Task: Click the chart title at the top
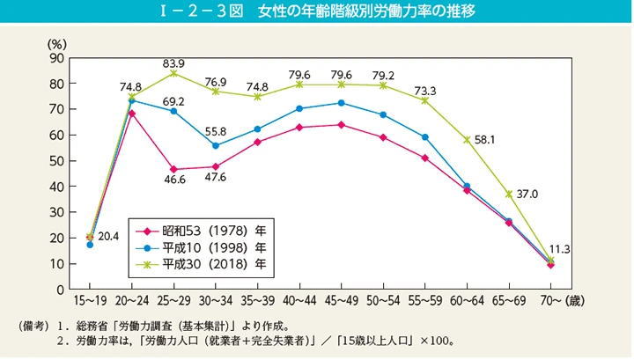pyautogui.click(x=316, y=11)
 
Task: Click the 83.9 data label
pyautogui.click(x=173, y=63)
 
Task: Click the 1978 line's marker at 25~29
pyautogui.click(x=173, y=169)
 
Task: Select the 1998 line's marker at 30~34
pyautogui.click(x=216, y=145)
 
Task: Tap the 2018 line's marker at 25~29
pyautogui.click(x=173, y=73)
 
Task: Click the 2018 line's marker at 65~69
pyautogui.click(x=508, y=194)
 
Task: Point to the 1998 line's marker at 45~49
pyautogui.click(x=341, y=103)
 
